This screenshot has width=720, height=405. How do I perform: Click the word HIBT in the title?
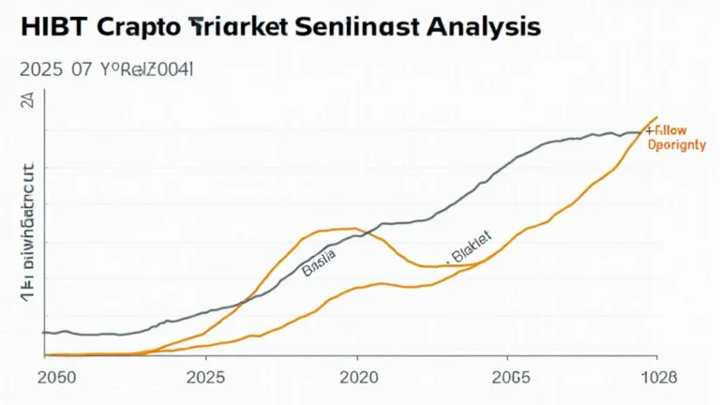pyautogui.click(x=48, y=26)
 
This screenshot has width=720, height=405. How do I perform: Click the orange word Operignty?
pyautogui.click(x=681, y=147)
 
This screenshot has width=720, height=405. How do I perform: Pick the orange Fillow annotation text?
pyautogui.click(x=674, y=132)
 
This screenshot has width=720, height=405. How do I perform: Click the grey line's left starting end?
pyautogui.click(x=45, y=332)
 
